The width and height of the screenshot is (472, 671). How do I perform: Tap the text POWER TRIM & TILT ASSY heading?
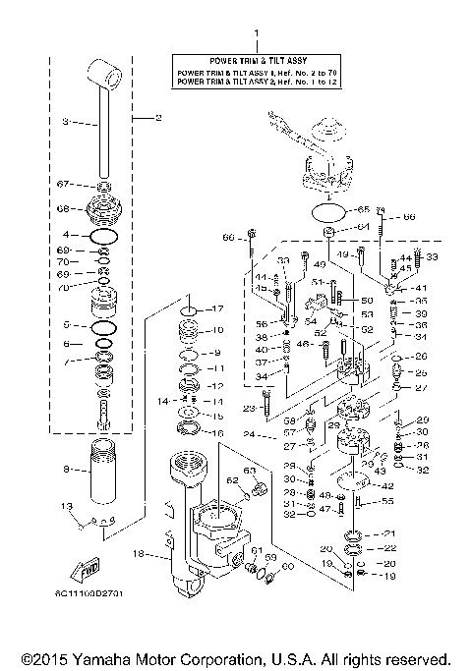tap(258, 60)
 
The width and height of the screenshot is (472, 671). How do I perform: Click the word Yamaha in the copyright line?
tap(119, 658)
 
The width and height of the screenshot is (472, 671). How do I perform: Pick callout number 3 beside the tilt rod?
tap(65, 123)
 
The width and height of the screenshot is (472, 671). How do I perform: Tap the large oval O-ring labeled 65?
tap(331, 210)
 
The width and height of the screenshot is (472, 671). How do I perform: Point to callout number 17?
tap(218, 309)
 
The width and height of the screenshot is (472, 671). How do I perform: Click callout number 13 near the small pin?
tap(67, 506)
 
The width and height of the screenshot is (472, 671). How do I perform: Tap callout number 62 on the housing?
tap(233, 481)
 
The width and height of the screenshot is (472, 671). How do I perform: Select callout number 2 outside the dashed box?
tap(157, 118)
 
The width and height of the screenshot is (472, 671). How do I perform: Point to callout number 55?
tap(387, 501)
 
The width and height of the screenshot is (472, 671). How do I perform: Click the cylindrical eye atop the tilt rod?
tap(105, 72)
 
